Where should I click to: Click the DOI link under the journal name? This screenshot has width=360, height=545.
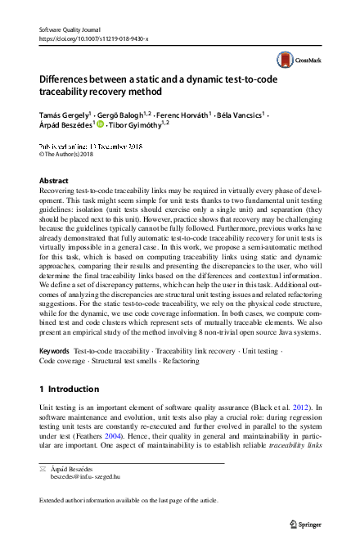94,38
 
